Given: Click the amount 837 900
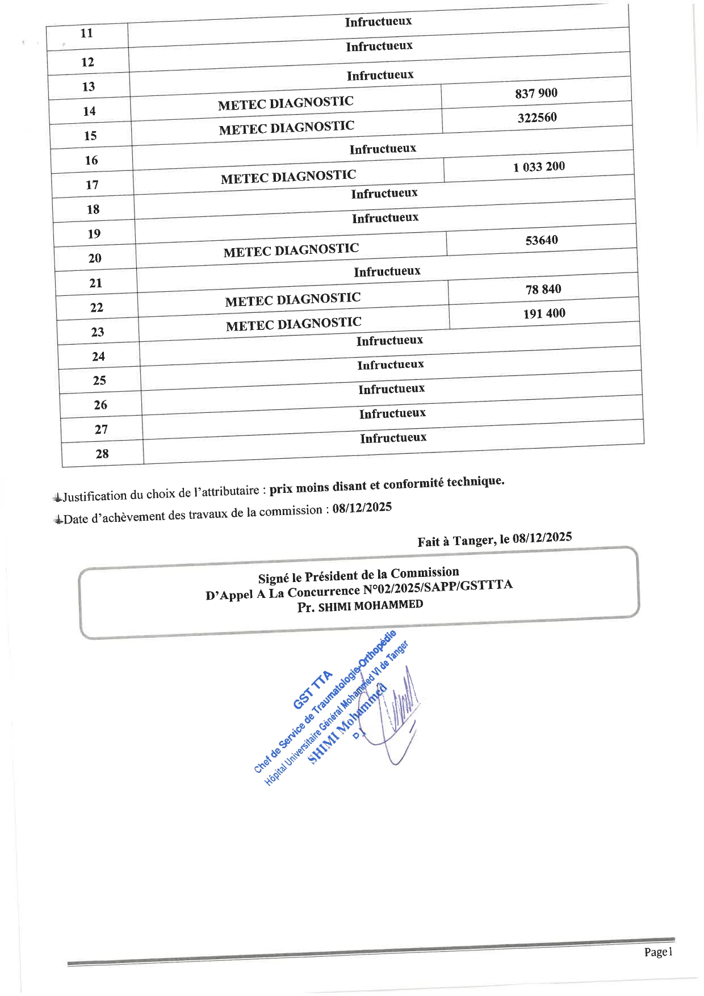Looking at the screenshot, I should pyautogui.click(x=536, y=93).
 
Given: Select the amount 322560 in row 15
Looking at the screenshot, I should pyautogui.click(x=537, y=118).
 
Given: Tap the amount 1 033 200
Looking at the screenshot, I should pyautogui.click(x=539, y=167).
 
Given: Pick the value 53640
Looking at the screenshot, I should pyautogui.click(x=542, y=240).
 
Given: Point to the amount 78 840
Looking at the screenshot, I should pyautogui.click(x=543, y=290).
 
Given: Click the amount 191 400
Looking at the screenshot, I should pyautogui.click(x=544, y=313).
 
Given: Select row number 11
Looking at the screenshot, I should pyautogui.click(x=86, y=33).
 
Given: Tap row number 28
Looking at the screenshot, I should pyautogui.click(x=102, y=454).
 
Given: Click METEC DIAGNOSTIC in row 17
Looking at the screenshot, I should pyautogui.click(x=288, y=177).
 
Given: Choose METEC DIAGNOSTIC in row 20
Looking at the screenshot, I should pyautogui.click(x=291, y=250).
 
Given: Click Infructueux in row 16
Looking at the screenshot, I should pyautogui.click(x=383, y=149).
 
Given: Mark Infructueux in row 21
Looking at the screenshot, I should pyautogui.click(x=387, y=272).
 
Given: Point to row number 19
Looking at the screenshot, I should pyautogui.click(x=94, y=233).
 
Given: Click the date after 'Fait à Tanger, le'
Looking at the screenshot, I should pyautogui.click(x=542, y=538).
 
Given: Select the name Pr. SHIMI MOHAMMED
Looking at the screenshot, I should pyautogui.click(x=360, y=606).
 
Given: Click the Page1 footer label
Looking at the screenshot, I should pyautogui.click(x=658, y=952).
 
